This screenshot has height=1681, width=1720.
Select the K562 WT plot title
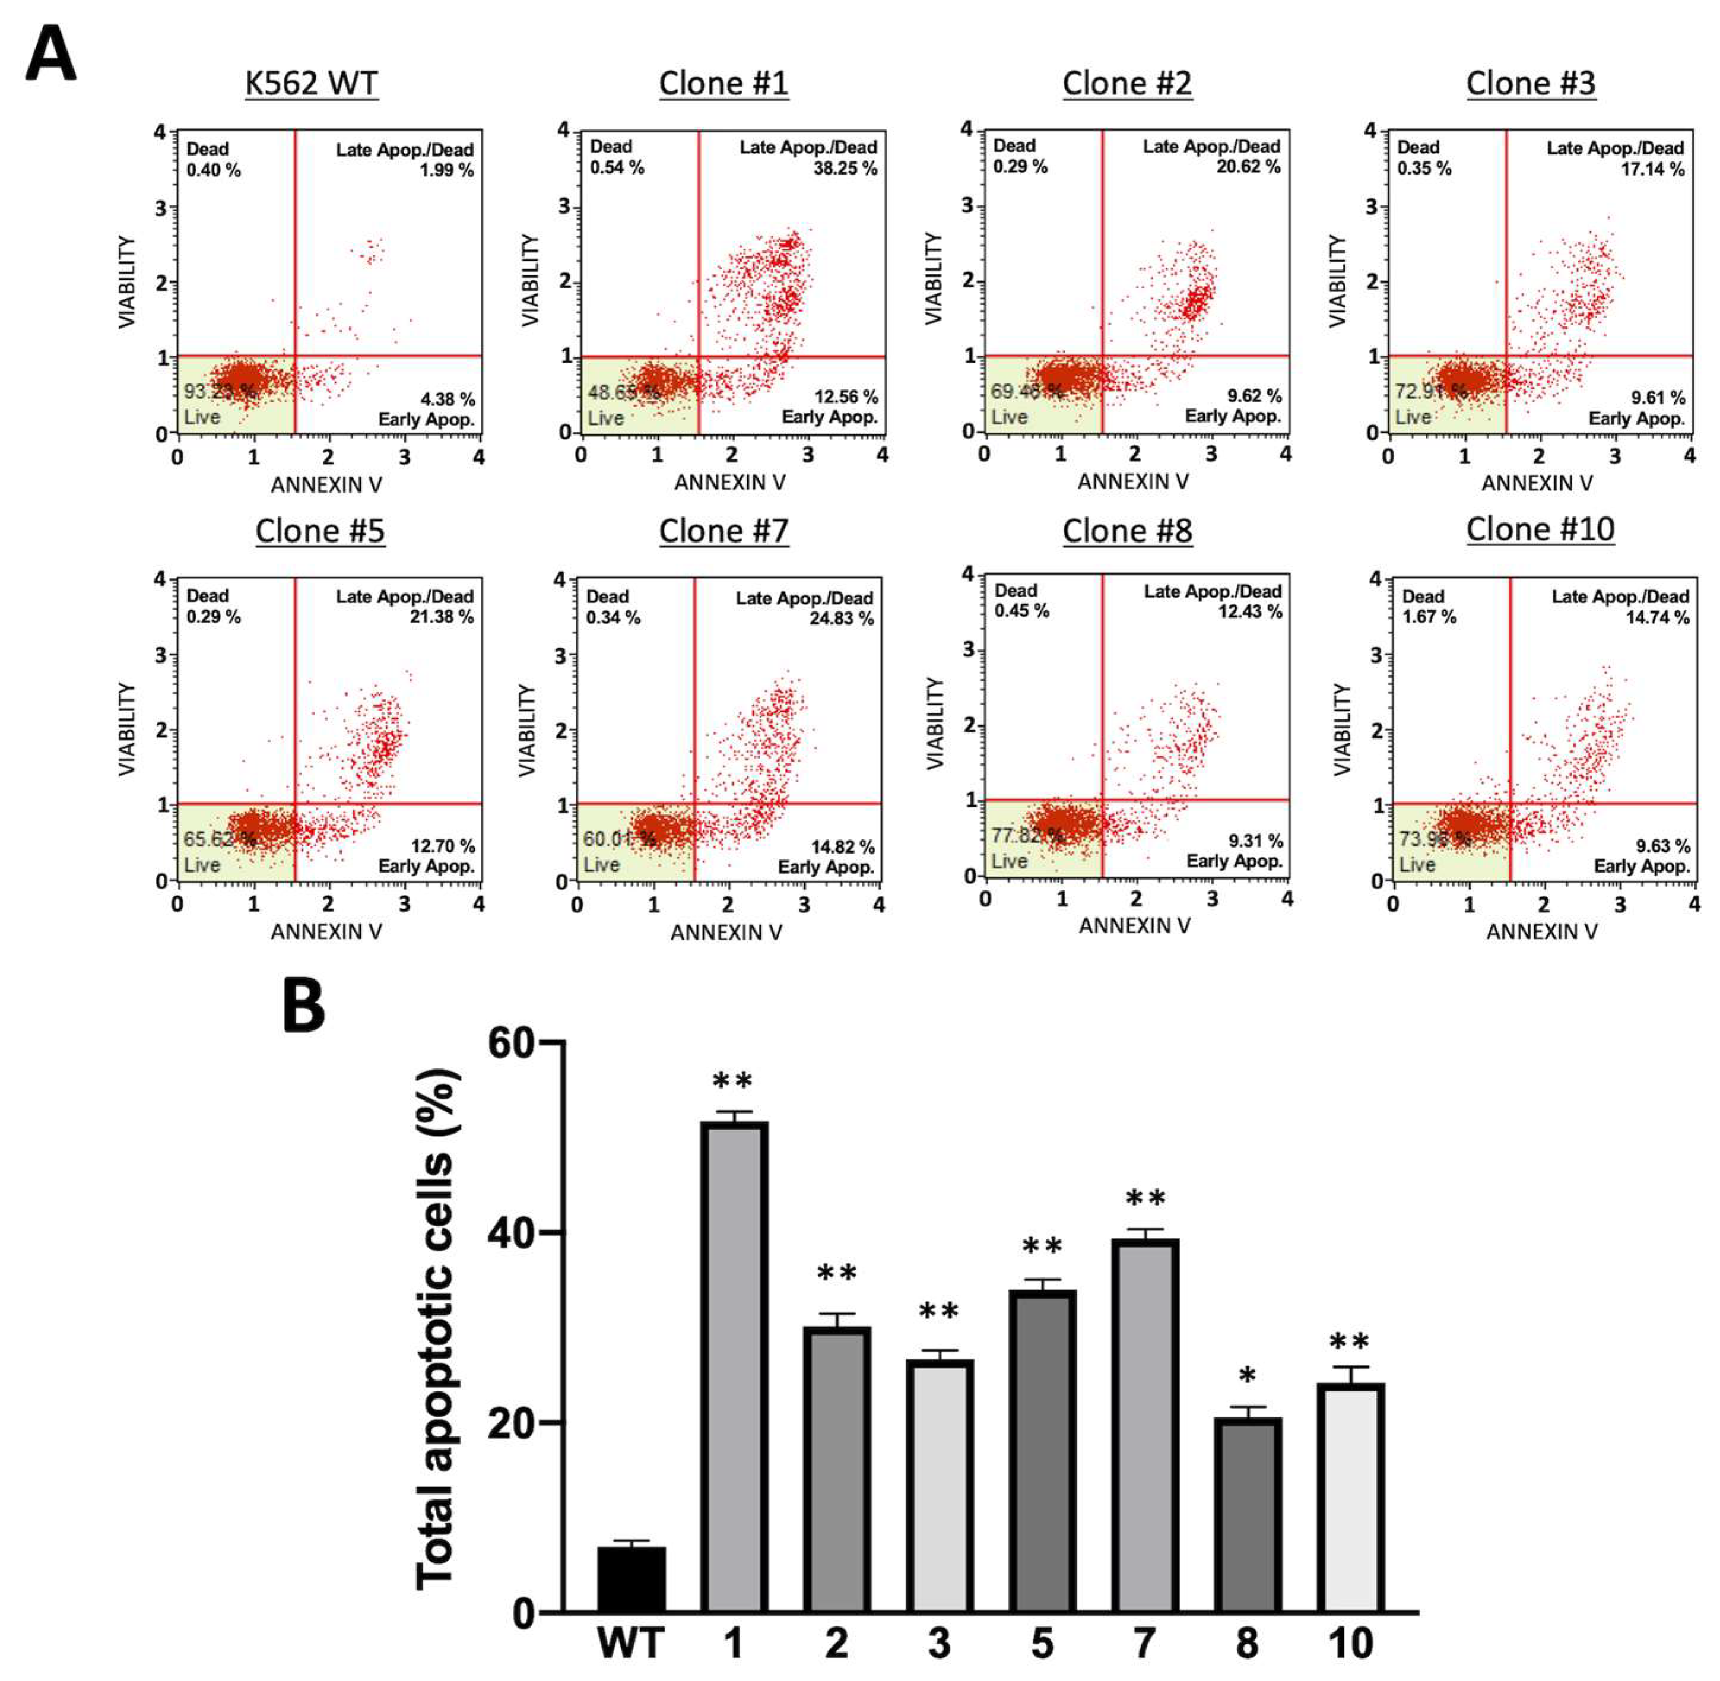[311, 84]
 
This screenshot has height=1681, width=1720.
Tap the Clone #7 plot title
[723, 531]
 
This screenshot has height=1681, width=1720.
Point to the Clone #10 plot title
[1540, 529]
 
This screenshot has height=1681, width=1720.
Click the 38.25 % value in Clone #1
[845, 169]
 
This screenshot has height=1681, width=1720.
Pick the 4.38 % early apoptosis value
[447, 399]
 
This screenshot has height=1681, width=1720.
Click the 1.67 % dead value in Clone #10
[1428, 617]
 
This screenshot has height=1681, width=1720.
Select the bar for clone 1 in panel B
[734, 1368]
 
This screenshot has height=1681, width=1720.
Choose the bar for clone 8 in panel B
[1247, 1516]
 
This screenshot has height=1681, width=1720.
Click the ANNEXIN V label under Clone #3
[1537, 483]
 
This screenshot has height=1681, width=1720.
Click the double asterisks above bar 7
[1145, 1198]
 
